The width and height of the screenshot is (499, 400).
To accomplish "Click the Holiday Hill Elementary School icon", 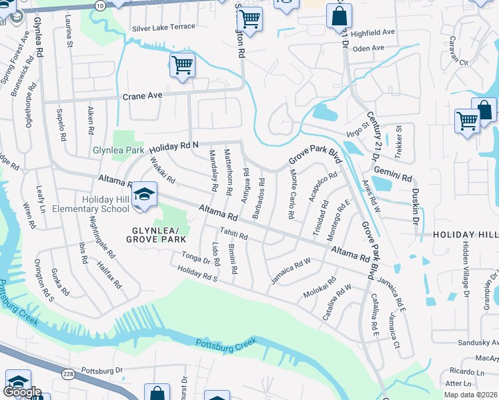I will point(144,195).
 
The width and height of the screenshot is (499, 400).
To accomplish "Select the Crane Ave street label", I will point(143,96).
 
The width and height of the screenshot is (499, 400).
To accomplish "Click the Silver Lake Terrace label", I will point(163,27).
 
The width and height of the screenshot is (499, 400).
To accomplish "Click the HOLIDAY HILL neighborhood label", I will point(466,235).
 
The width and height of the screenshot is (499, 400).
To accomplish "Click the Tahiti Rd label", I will point(234,234).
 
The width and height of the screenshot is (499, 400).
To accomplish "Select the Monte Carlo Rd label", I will point(292,195).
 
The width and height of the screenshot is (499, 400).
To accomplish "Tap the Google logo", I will point(22,392).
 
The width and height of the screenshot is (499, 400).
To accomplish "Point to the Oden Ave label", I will point(368,48).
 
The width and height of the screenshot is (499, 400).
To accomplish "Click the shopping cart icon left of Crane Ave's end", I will point(182,66).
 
